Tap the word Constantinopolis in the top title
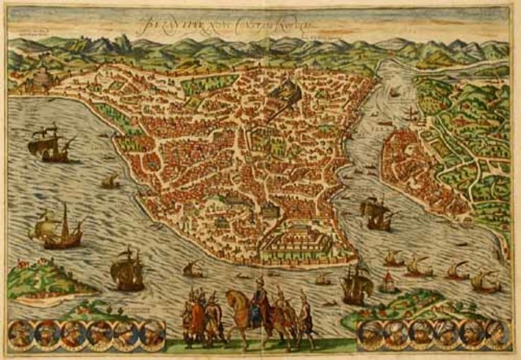277,23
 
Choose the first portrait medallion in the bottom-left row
19,331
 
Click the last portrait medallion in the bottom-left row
151,331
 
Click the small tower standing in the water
388,283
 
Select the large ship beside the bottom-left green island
127,271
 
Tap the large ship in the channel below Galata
376,213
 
